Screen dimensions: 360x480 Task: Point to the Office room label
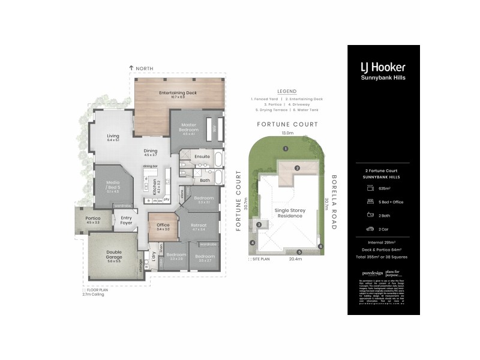pyautogui.click(x=163, y=226)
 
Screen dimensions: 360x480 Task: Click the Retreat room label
pyautogui.click(x=199, y=227)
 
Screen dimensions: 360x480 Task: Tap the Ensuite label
pyautogui.click(x=202, y=156)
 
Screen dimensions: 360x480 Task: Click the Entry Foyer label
pyautogui.click(x=127, y=220)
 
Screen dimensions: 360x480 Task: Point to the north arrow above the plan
pyautogui.click(x=131, y=69)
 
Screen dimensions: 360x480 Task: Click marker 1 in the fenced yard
pyautogui.click(x=286, y=148)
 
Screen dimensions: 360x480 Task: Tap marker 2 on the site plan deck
pyautogui.click(x=296, y=168)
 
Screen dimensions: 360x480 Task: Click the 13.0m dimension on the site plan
pyautogui.click(x=288, y=133)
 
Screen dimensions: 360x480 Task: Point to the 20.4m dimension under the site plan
pyautogui.click(x=294, y=260)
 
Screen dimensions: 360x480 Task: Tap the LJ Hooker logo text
pyautogui.click(x=382, y=67)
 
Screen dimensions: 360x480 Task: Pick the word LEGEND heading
pyautogui.click(x=286, y=91)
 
